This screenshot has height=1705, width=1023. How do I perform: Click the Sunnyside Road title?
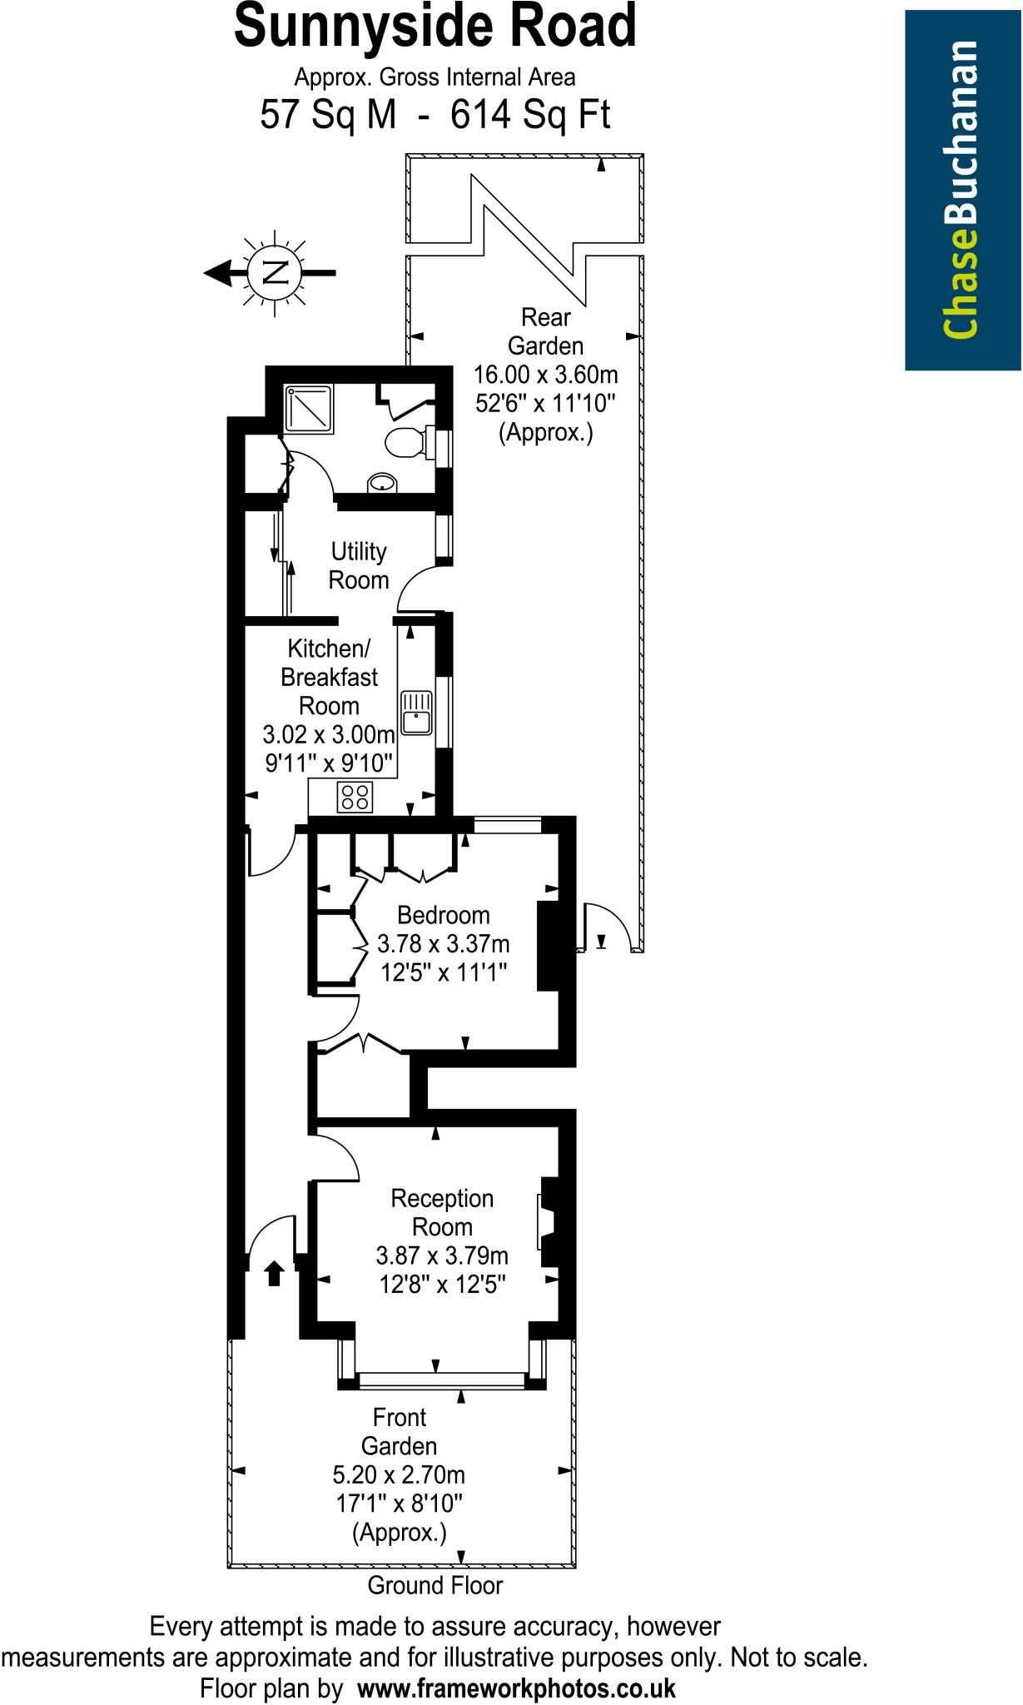pos(435,27)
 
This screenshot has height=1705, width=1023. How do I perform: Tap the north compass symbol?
pos(272,271)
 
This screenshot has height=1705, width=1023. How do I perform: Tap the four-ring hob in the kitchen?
pos(355,797)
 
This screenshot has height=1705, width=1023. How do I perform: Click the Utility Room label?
pos(359,565)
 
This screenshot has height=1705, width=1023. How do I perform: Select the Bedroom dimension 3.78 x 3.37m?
pos(443,944)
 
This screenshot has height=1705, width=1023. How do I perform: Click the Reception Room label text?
pos(442,1212)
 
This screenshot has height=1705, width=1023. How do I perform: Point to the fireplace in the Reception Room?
pos(549,1223)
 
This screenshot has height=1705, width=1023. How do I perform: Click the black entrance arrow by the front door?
pos(273,1273)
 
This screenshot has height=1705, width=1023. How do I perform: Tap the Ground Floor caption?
pos(435,1585)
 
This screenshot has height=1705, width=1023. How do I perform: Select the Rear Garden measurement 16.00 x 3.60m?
pos(546,374)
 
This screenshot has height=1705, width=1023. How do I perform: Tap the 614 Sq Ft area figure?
pos(530,115)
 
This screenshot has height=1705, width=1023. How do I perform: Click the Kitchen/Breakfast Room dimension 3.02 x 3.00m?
pos(329,735)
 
